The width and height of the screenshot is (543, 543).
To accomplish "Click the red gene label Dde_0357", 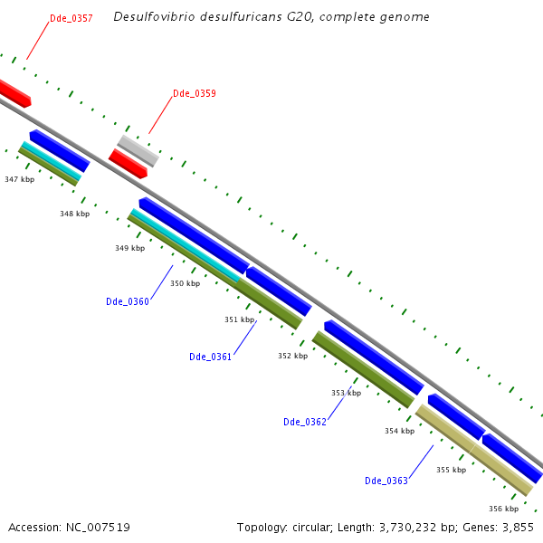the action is coord(71,18).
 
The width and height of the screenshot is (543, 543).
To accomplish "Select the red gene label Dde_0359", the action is coord(194,93).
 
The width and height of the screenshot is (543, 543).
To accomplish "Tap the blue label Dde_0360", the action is coord(127,301).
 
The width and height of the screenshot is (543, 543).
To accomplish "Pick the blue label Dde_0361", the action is coord(210,357).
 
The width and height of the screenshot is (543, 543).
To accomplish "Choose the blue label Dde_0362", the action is coord(304,422).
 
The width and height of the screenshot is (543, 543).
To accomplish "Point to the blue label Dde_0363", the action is coord(386,481).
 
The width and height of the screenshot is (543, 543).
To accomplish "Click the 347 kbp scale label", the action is coord(19,180).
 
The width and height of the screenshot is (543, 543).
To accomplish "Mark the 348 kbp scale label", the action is coord(75,214).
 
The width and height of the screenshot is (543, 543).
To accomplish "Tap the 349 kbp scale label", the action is coord(129,248).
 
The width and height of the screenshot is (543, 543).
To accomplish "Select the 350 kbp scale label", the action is coord(185,283).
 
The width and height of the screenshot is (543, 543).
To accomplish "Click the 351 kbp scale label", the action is coord(239,319).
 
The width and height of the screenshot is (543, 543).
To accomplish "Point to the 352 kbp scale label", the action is coord(292,356).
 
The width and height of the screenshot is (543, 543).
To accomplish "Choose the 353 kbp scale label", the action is coord(346,393).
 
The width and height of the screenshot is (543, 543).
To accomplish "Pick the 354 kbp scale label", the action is coord(399,431).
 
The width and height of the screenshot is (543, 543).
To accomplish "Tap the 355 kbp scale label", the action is coord(451,470).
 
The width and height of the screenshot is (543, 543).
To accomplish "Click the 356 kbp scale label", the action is coord(503,509).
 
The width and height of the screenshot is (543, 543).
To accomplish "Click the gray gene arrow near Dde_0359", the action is coord(138,150).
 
